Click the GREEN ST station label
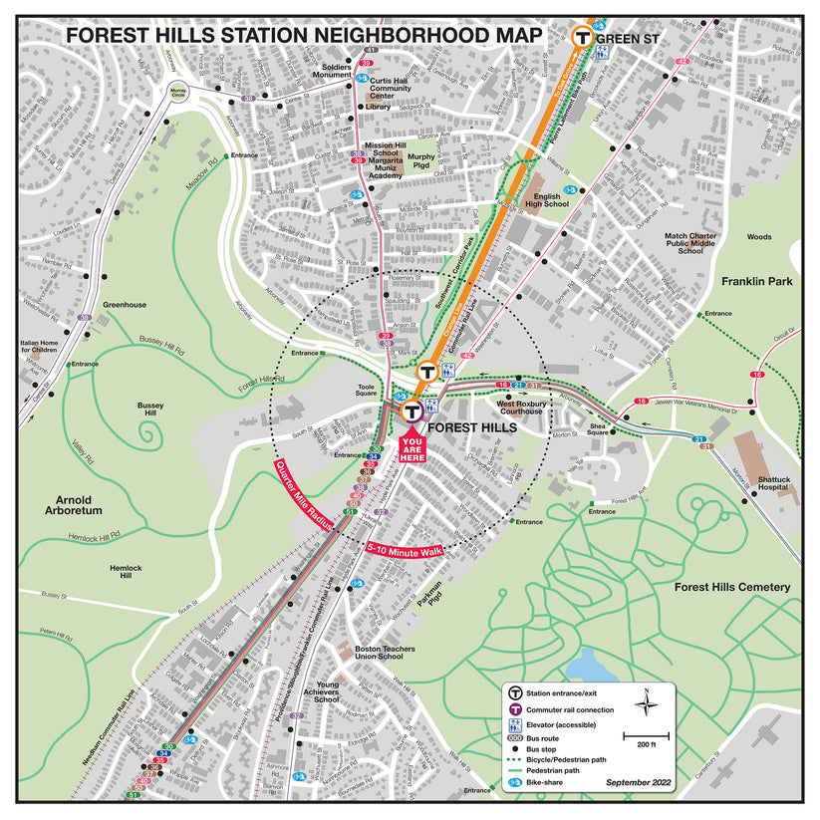pyautogui.click(x=631, y=38)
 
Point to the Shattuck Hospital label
pyautogui.click(x=774, y=482)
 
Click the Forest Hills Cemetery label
pyautogui.click(x=731, y=587)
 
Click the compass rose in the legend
pyautogui.click(x=647, y=703)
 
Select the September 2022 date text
pyautogui.click(x=638, y=783)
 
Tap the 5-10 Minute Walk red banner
pyautogui.click(x=404, y=549)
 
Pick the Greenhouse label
pyautogui.click(x=125, y=305)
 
